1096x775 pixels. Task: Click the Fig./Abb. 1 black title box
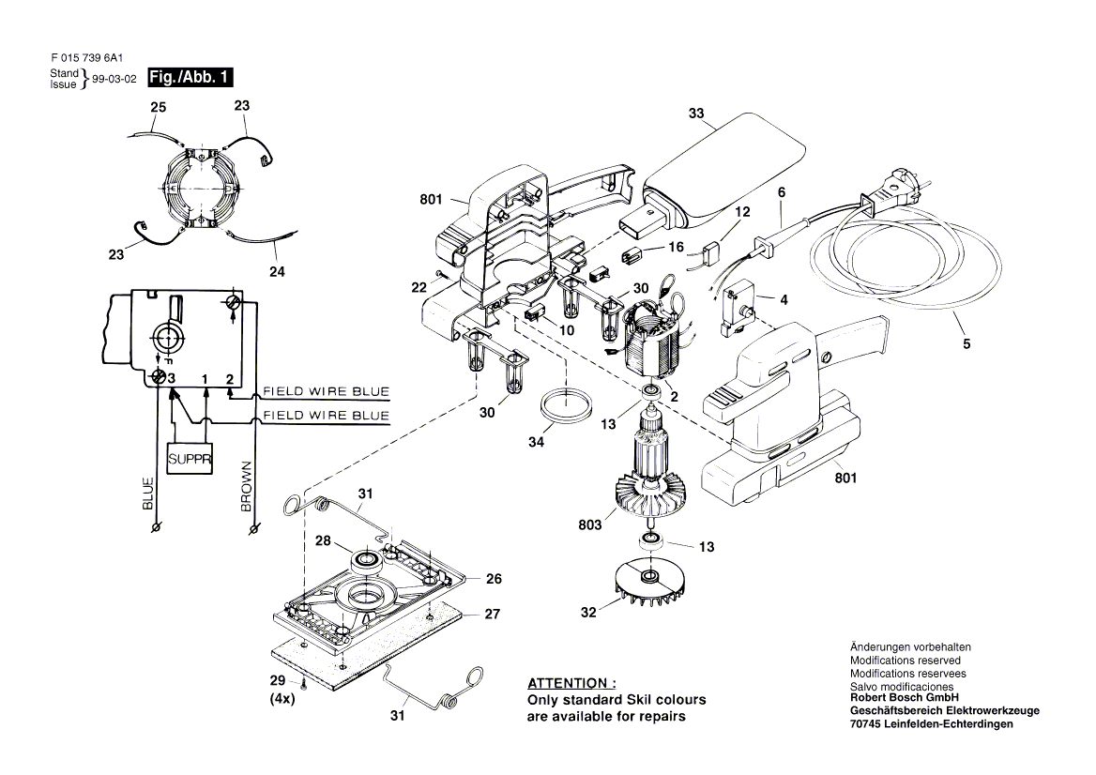[190, 78]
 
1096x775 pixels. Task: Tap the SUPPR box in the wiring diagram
[190, 459]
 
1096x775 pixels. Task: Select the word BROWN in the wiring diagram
[246, 486]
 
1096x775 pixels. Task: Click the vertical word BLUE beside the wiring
[148, 494]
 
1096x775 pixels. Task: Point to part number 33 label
[696, 114]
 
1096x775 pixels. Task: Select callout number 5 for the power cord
[967, 343]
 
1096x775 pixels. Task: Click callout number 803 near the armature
[590, 524]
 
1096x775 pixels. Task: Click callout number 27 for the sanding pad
[493, 614]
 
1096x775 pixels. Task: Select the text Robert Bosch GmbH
[905, 697]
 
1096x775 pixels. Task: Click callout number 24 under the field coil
[277, 271]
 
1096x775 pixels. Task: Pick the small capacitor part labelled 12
[712, 250]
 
